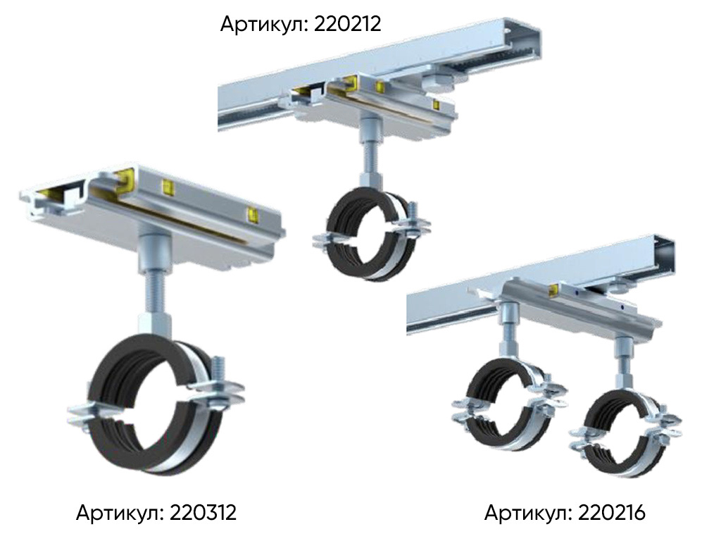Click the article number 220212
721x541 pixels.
point(348,23)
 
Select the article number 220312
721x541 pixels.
point(203,512)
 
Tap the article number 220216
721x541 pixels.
point(612,513)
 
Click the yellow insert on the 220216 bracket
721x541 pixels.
point(553,290)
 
